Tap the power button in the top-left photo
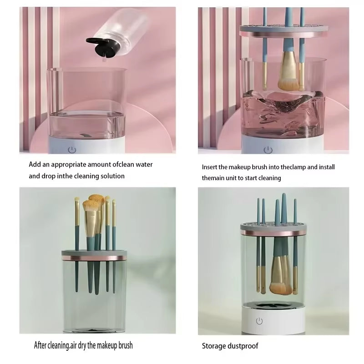[71, 149]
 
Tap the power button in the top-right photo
[268, 149]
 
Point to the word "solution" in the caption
[109, 176]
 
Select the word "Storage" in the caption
[213, 346]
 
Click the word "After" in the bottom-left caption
[41, 345]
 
